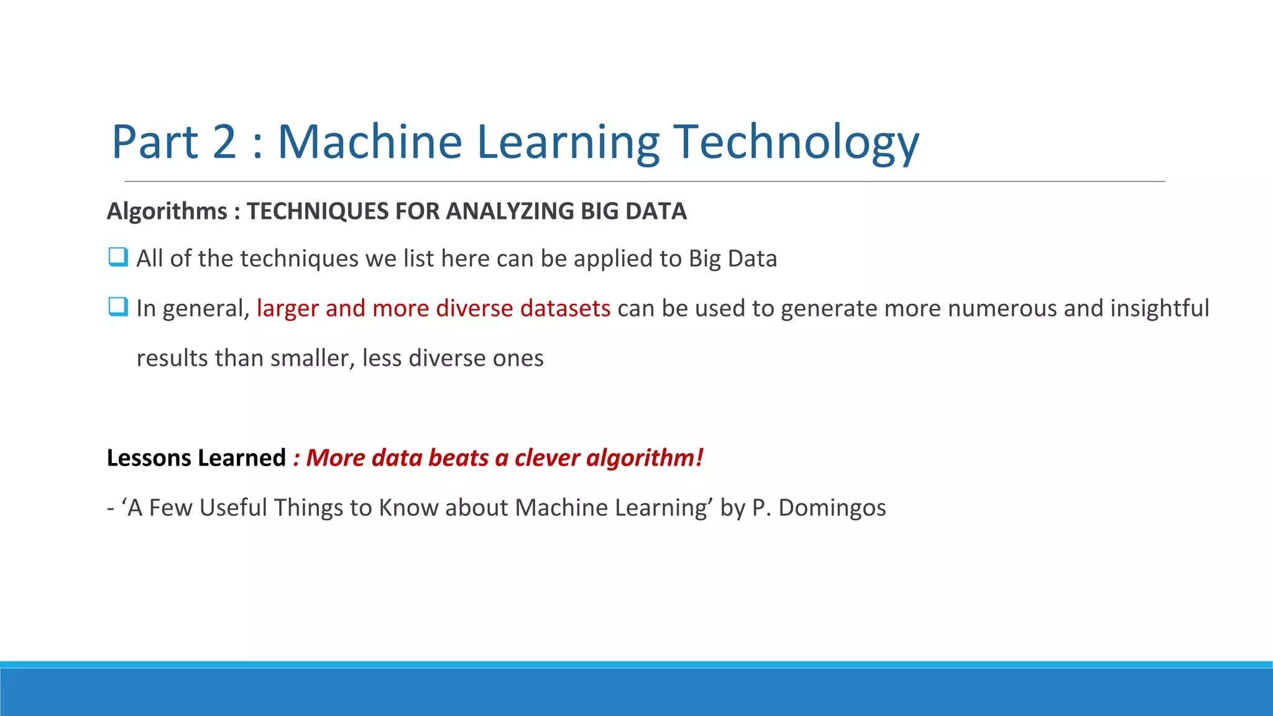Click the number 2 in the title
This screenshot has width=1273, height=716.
224,142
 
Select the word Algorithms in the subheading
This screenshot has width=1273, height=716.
167,211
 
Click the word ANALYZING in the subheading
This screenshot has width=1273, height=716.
511,211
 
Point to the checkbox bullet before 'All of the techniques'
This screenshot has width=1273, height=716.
117,257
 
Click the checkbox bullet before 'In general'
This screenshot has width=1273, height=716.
117,306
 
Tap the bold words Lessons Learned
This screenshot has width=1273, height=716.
196,458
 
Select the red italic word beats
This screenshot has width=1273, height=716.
458,458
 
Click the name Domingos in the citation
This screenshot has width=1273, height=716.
832,508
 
